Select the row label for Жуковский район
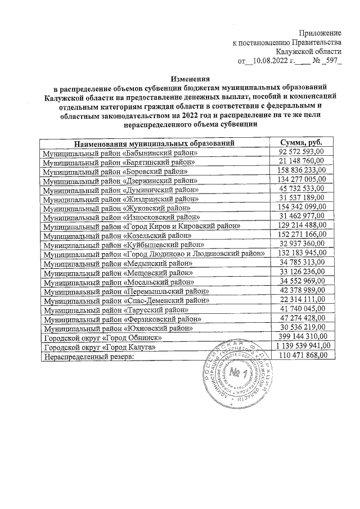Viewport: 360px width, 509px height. coord(118,208)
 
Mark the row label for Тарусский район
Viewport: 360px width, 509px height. coord(115,309)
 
